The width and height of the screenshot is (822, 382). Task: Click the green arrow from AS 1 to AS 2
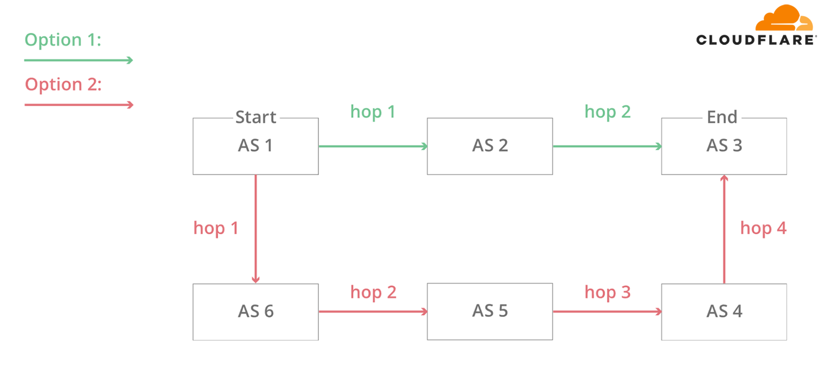point(373,146)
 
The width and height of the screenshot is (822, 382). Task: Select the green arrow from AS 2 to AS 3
point(607,146)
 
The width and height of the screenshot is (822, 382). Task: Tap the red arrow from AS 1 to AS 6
point(256,229)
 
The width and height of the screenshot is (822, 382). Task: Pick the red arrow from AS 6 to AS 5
point(373,311)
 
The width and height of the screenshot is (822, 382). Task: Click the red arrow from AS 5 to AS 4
point(607,311)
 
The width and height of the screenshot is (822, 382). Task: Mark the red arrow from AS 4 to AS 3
point(724,229)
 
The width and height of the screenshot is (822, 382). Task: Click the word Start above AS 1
point(255,117)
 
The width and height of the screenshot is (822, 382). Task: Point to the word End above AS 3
point(722,117)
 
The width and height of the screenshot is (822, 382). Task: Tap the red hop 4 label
point(763,228)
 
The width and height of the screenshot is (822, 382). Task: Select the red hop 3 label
point(607,293)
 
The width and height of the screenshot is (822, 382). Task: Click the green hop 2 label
point(607,112)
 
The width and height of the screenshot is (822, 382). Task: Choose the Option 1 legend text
point(63,40)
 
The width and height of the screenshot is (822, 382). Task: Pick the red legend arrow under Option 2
point(79,105)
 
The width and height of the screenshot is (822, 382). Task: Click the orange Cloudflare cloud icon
point(784,18)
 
